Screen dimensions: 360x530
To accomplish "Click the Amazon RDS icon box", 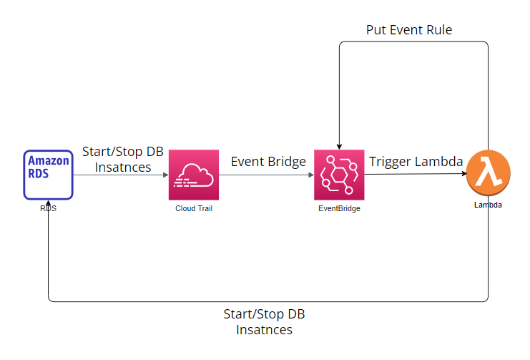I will pos(48,175).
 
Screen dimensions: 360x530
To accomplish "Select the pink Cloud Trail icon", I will pos(193,175).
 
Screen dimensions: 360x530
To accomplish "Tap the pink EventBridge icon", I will pos(339,175).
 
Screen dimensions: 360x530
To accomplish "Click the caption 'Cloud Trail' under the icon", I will pos(193,208).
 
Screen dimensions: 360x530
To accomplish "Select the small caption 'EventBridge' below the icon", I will pos(339,208).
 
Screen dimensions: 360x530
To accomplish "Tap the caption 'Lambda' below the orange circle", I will pos(488,205).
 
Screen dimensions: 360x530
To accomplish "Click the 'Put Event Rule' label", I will pos(409,29).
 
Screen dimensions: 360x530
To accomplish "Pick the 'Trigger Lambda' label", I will pos(416,161).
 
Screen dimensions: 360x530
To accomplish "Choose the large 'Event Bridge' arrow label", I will pos(268,161).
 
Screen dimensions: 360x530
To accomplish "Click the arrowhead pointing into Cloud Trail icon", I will pos(165,175).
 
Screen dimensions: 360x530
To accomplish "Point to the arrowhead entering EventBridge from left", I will pos(310,175).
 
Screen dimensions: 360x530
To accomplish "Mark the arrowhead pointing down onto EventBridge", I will pos(340,145).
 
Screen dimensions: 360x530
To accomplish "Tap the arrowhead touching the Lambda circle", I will pos(463,174).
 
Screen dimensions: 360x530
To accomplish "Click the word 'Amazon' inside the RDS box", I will pos(49,161).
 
